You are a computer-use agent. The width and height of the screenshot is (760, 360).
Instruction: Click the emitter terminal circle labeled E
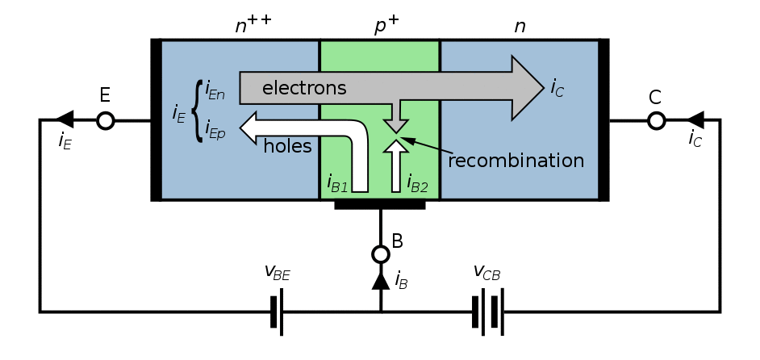[x=106, y=120]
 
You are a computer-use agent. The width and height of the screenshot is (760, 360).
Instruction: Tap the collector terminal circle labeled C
[x=656, y=120]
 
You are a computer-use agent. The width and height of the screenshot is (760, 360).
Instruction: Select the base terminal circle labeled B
[x=381, y=253]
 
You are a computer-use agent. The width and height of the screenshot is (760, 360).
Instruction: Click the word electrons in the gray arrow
[x=304, y=88]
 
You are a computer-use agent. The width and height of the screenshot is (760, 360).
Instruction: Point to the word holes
[x=287, y=145]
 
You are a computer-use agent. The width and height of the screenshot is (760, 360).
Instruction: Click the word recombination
[x=516, y=160]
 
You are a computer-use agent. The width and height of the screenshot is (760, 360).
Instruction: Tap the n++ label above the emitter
[x=253, y=23]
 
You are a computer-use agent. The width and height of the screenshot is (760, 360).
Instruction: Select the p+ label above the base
[x=386, y=26]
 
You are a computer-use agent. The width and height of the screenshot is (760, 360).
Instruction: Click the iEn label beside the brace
[x=215, y=90]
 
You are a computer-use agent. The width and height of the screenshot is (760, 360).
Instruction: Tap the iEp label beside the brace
[x=215, y=130]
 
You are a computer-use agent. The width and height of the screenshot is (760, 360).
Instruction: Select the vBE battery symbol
[x=277, y=312]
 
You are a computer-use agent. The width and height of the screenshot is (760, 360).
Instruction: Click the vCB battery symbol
[x=488, y=312]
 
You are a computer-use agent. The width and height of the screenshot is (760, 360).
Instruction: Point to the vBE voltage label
[x=278, y=272]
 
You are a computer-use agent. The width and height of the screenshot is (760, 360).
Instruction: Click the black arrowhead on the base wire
[x=381, y=281]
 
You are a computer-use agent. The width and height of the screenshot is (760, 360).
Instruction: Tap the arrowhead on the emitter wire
[x=65, y=119]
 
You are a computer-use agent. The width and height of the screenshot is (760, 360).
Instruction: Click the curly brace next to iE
[x=197, y=111]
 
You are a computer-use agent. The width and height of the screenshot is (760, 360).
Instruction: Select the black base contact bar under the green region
[x=380, y=205]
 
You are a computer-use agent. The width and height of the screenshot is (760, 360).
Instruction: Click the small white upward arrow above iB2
[x=396, y=165]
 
